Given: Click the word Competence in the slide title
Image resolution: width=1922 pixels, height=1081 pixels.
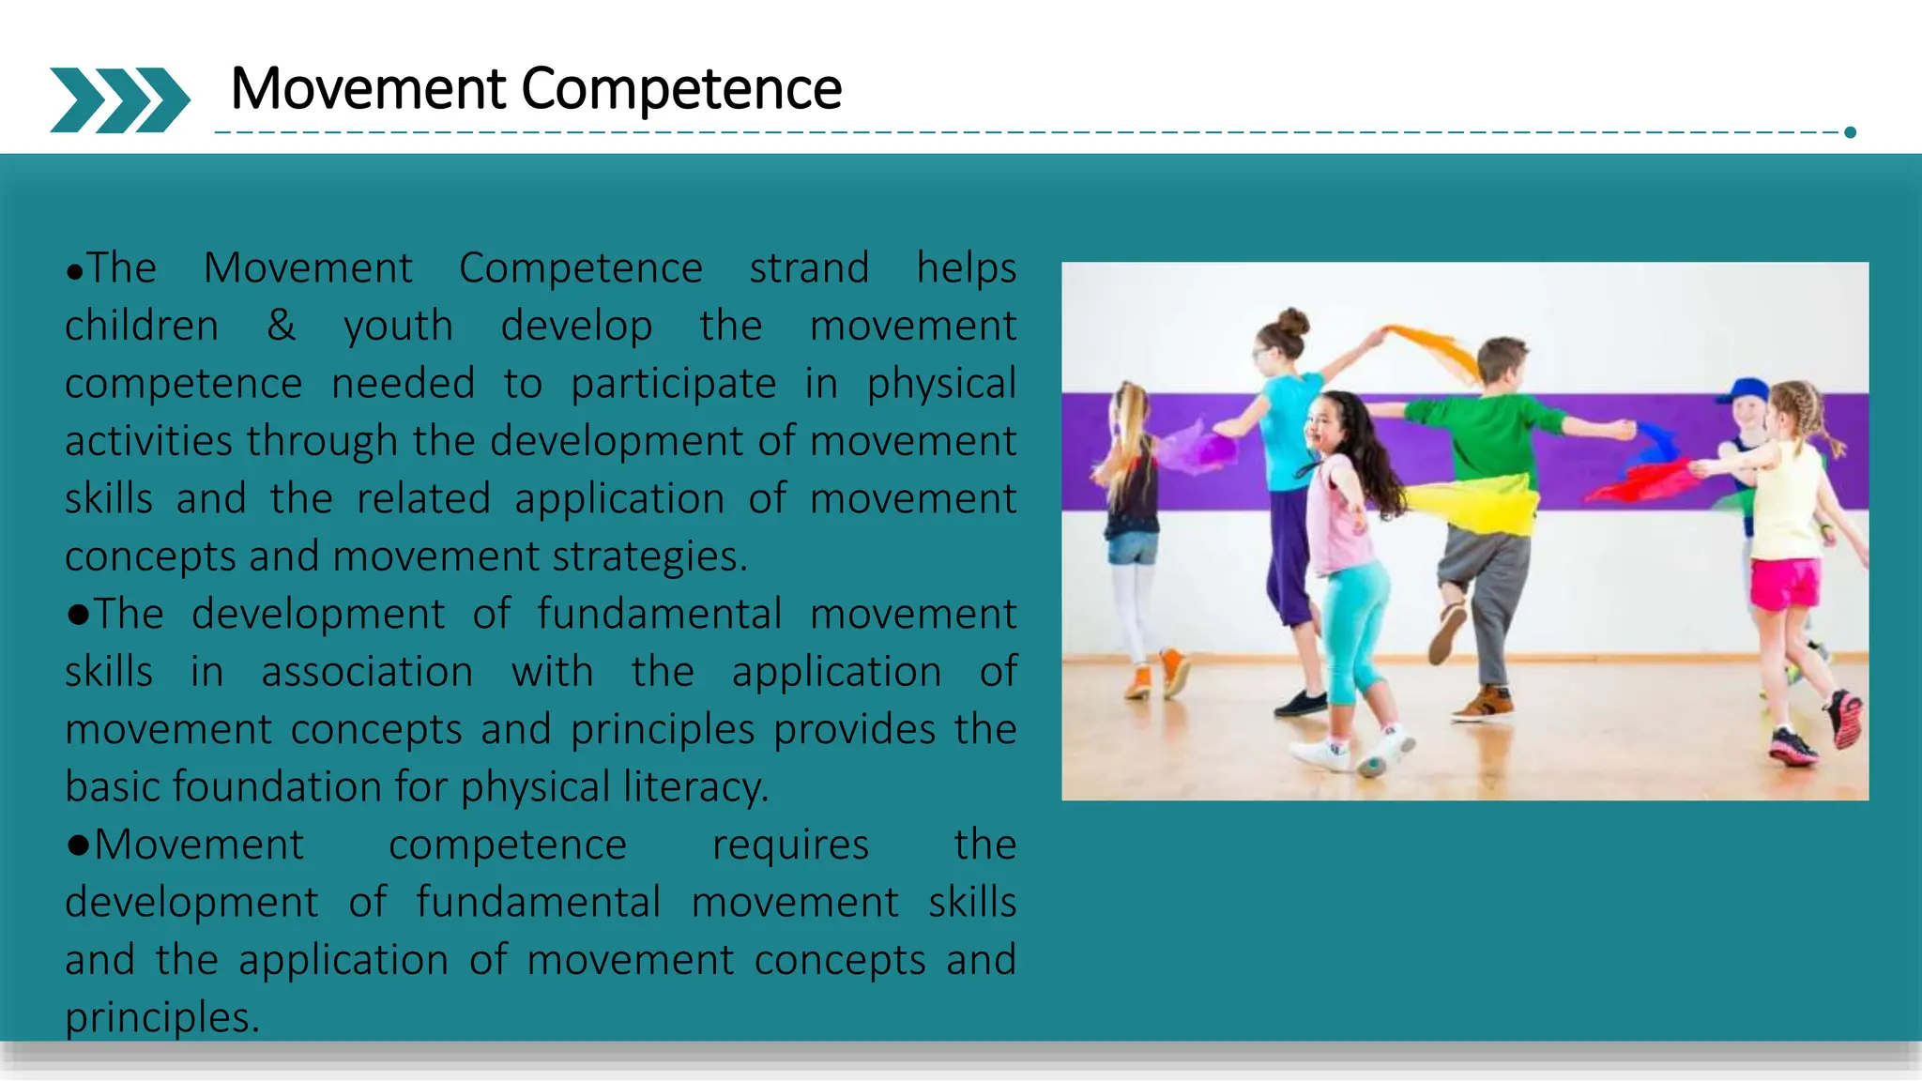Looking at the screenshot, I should (x=681, y=89).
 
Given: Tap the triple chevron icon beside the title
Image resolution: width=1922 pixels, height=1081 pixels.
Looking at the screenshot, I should (x=119, y=99).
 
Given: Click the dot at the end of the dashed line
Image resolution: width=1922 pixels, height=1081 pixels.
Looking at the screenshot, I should (x=1850, y=132).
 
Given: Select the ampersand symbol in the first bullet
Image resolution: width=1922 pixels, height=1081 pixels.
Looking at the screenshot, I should (x=281, y=326).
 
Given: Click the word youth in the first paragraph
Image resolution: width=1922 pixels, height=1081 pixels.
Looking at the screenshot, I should (x=398, y=327).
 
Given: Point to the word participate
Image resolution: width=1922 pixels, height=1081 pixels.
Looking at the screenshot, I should (x=673, y=384).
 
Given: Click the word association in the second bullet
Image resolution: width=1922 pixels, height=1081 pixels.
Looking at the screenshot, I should (x=367, y=672).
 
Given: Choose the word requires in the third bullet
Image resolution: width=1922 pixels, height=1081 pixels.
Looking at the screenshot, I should (x=790, y=845).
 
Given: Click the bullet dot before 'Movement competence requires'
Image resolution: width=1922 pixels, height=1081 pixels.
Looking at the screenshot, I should (x=78, y=845).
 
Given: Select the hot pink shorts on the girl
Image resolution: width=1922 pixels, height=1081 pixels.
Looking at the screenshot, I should (x=1784, y=583).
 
